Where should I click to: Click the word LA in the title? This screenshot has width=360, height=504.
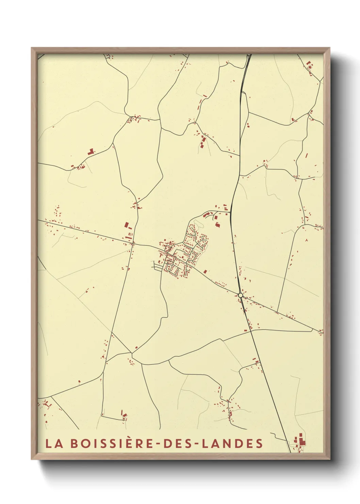click(x=54, y=443)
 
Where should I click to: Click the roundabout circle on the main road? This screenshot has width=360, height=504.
click(x=241, y=295)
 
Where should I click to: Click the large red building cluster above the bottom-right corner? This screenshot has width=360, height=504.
click(x=300, y=440)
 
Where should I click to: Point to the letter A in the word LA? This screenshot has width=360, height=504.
click(x=58, y=443)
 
